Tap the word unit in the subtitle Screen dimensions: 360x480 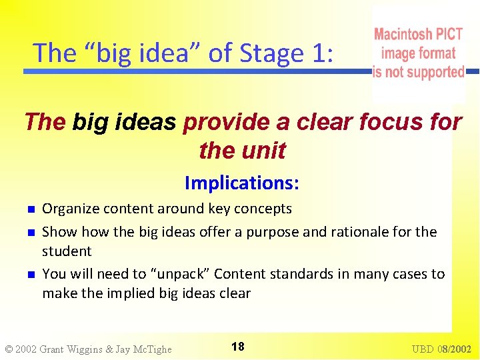pos(265,151)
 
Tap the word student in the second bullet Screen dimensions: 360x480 pos(67,251)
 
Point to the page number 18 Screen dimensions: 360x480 pos(238,347)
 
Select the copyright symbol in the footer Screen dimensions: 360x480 pos(9,349)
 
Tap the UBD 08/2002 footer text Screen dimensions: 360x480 pos(441,349)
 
